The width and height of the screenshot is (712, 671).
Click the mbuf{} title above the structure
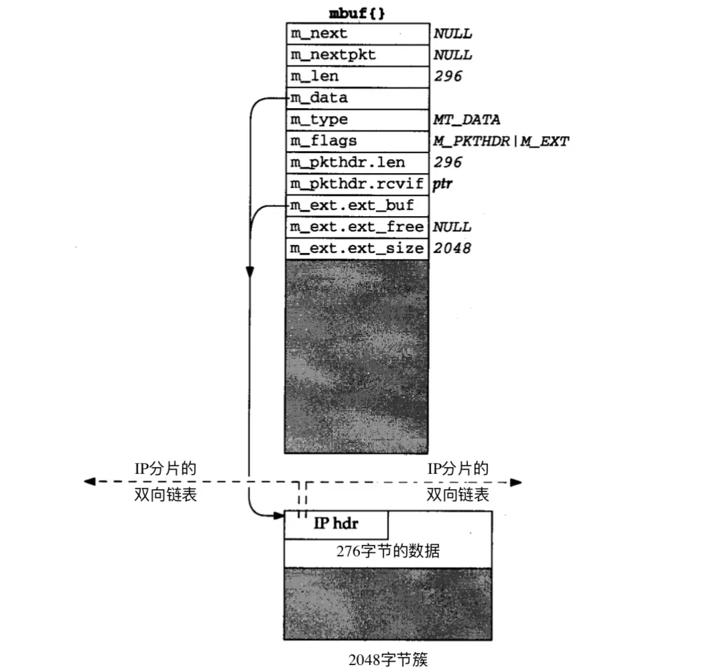(x=357, y=13)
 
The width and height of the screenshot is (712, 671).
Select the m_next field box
(x=357, y=34)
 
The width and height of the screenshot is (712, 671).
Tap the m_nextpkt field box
(x=357, y=55)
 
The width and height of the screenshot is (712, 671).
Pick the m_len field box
(x=357, y=76)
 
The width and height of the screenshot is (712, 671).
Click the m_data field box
(x=357, y=98)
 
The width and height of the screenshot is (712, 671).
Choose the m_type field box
(x=357, y=119)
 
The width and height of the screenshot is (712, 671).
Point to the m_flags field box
(x=357, y=141)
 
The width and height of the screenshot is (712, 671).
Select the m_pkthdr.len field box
(x=357, y=162)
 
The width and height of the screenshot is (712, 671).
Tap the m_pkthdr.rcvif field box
(x=357, y=184)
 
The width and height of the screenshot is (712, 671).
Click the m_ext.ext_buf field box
(x=357, y=205)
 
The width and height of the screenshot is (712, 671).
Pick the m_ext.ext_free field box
(x=357, y=227)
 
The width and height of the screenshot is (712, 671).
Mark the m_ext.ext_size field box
(x=357, y=248)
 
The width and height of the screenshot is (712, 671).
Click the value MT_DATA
(x=467, y=119)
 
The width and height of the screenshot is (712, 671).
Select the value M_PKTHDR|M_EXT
(x=501, y=141)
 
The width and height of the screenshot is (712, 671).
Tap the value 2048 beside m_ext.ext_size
(x=452, y=248)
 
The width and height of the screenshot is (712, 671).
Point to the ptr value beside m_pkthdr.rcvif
(x=442, y=184)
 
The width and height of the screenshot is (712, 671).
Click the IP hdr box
(x=336, y=524)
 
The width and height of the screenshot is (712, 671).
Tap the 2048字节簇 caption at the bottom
(x=388, y=658)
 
